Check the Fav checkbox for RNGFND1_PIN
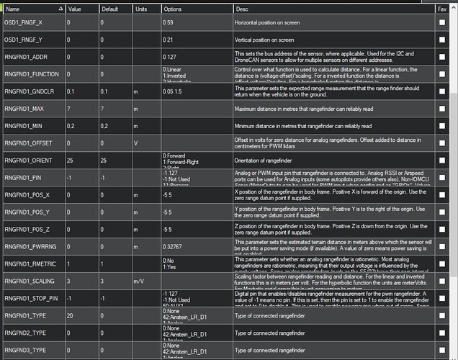(441, 176)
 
